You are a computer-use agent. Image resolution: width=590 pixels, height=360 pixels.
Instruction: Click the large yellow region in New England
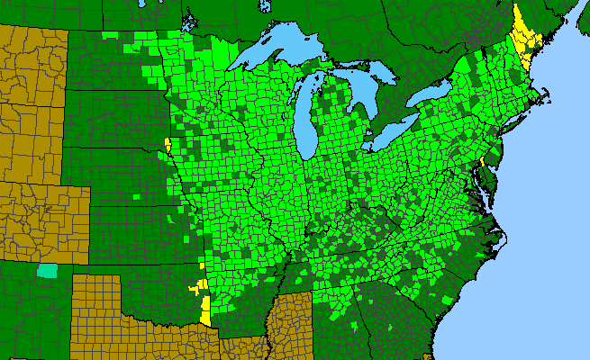pos(522,36)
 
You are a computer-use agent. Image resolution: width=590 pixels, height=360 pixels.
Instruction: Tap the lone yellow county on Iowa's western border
pos(168,145)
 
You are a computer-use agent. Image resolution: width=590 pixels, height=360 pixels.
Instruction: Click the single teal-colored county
pos(46,271)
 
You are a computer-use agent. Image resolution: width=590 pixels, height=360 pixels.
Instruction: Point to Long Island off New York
pos(522,126)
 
